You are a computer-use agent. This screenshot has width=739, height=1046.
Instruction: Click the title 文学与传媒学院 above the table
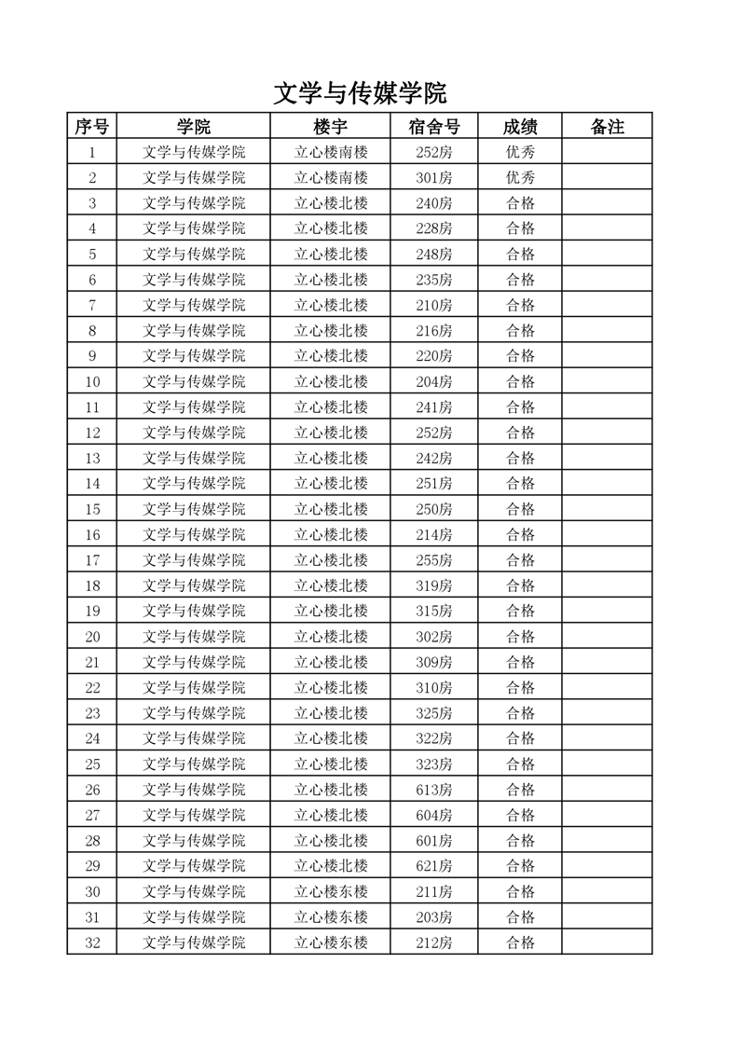click(x=360, y=93)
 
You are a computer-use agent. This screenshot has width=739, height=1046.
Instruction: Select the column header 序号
click(x=91, y=127)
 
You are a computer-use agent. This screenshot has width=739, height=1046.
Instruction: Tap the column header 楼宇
click(x=330, y=127)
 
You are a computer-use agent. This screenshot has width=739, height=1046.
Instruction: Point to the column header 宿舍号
click(x=433, y=127)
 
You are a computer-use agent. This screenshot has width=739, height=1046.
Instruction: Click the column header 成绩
click(x=520, y=127)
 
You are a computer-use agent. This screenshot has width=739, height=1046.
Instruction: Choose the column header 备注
click(x=607, y=127)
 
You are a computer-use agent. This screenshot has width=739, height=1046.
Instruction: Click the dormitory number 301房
click(x=433, y=177)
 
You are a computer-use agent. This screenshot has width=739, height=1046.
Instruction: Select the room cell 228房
click(x=433, y=228)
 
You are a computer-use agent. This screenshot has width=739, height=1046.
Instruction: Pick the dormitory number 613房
click(x=433, y=790)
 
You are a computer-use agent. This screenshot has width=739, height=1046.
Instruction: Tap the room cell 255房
click(x=433, y=560)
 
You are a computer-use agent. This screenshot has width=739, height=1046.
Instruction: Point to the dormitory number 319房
click(x=433, y=585)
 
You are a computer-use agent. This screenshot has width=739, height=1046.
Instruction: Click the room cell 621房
click(x=433, y=866)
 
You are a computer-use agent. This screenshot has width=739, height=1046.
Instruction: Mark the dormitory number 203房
click(x=433, y=917)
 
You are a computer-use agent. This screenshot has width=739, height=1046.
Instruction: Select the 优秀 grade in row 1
click(x=520, y=152)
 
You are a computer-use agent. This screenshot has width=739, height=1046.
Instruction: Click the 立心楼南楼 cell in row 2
click(x=331, y=177)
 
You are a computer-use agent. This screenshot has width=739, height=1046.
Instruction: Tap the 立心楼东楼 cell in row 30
click(x=331, y=891)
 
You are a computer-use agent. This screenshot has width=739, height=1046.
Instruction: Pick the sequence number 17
click(x=91, y=560)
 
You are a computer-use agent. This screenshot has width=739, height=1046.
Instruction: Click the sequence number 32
click(x=91, y=943)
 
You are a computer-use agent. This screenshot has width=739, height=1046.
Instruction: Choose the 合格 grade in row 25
click(x=520, y=764)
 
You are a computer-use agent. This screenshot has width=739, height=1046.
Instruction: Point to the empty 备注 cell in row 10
click(x=607, y=381)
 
